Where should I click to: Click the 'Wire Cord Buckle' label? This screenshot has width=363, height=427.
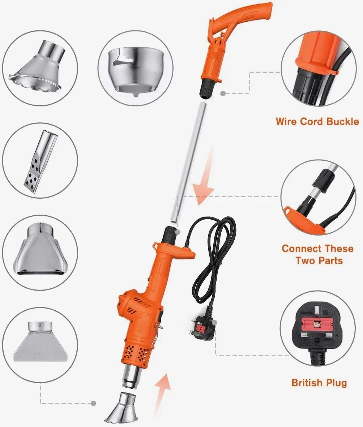tap(317, 121)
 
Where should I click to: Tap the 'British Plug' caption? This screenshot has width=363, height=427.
tap(319, 382)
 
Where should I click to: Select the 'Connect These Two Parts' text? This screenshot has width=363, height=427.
tap(317, 254)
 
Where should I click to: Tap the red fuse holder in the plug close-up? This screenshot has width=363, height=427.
tap(317, 322)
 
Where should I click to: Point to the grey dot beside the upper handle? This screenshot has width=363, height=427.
tap(223, 93)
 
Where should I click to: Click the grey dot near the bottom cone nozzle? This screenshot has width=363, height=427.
tap(93, 403)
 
